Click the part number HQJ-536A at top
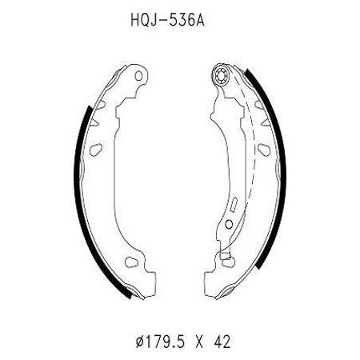(x=167, y=20)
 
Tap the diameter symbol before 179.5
(x=141, y=342)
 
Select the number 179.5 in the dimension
(x=166, y=342)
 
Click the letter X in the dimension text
(x=199, y=342)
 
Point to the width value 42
(x=222, y=342)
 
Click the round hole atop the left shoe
(x=138, y=76)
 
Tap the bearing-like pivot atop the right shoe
(x=221, y=74)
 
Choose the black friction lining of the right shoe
(x=272, y=166)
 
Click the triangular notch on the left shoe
(x=95, y=122)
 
